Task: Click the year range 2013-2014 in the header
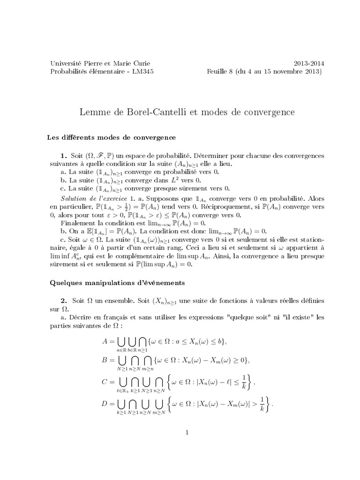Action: pos(309,63)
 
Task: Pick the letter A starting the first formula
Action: pos(105,342)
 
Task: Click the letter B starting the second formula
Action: pos(105,360)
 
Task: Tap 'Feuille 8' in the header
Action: pos(220,72)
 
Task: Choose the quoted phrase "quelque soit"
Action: pos(247,317)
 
